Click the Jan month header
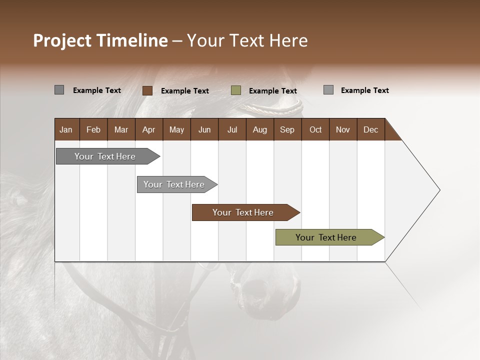66,130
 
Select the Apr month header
148,130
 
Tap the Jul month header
232,130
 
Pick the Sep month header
287,130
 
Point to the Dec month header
370,130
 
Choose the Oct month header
315,130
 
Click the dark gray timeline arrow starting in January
105,156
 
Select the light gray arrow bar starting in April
174,184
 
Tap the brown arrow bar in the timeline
243,212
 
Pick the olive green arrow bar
326,237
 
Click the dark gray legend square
59,90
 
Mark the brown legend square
147,90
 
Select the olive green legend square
236,90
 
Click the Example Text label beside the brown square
184,91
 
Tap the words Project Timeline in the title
100,40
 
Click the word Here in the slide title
288,40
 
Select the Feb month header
93,130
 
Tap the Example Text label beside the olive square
272,91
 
